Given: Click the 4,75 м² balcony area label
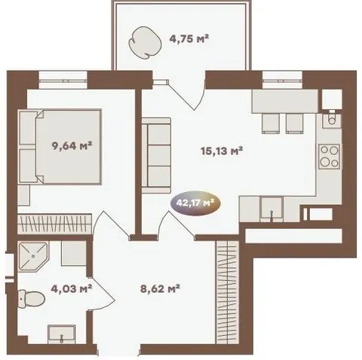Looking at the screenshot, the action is point(189,39).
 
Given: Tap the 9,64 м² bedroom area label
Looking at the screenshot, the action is point(72,145).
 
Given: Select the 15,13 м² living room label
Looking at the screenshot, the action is point(222,151).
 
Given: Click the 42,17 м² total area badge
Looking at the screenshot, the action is point(195,203).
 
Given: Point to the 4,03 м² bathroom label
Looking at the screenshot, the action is point(71,288).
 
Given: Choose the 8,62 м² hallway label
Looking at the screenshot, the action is point(160,288).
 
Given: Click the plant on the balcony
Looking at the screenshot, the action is point(144,43).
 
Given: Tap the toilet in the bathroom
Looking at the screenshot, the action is point(32,298).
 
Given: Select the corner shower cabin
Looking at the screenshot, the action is point(34,256).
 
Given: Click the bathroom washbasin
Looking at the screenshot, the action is point(62,334).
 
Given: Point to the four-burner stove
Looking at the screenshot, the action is point(330,156).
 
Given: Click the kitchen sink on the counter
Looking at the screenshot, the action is point(271,209).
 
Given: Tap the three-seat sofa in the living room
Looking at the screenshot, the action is point(156,155).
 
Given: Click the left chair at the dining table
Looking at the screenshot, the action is point(271,124).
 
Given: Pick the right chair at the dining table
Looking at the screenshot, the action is point(294,124).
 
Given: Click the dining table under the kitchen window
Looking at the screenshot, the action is point(285,101).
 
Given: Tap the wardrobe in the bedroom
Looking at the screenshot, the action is point(54,224).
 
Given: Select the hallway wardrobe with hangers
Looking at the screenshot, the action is point(227,292).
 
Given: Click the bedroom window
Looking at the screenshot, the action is point(63,80).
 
